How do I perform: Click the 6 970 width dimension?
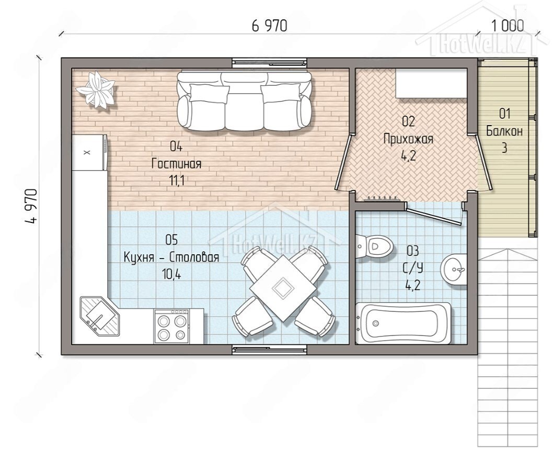tap(270, 26)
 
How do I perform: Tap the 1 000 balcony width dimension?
tap(507, 26)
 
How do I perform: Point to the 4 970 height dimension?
tap(31, 206)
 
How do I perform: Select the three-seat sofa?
tap(244, 100)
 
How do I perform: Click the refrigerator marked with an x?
tap(90, 152)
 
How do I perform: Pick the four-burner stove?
tap(171, 326)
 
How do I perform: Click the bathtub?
tap(403, 323)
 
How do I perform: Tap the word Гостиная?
tap(176, 164)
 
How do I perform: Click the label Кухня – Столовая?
tap(171, 257)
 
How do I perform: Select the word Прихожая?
tap(408, 139)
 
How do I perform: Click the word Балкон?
tap(504, 131)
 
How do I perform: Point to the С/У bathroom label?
tap(413, 268)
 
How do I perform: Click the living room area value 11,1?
tap(177, 181)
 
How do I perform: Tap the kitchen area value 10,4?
tap(172, 274)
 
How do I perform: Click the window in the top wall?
tap(270, 63)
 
